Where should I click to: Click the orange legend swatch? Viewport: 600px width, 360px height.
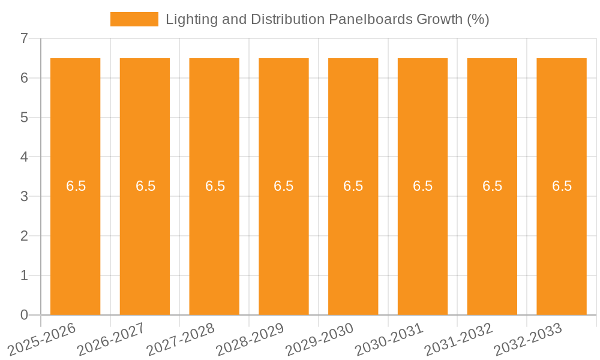tap(134, 19)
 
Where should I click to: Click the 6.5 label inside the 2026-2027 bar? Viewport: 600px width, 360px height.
tap(145, 186)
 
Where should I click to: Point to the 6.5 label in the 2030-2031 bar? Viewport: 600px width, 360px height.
tap(422, 186)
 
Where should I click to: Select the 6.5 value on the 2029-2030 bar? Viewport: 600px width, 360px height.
tap(353, 186)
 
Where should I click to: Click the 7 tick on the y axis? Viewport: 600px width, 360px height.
tap(24, 38)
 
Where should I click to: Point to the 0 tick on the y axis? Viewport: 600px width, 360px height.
tap(24, 315)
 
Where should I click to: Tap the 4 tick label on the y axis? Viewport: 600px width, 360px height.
tap(24, 157)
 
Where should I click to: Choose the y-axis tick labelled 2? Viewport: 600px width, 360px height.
tap(24, 236)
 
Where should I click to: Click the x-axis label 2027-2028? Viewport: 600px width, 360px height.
tap(181, 339)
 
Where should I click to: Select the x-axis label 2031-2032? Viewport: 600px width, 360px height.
tap(458, 339)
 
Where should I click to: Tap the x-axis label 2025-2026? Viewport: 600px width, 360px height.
tap(41, 339)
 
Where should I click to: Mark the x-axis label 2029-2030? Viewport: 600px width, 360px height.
tap(319, 339)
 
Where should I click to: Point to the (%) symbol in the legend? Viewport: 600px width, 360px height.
tap(478, 19)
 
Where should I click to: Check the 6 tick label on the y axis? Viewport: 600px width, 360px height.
tap(24, 78)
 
